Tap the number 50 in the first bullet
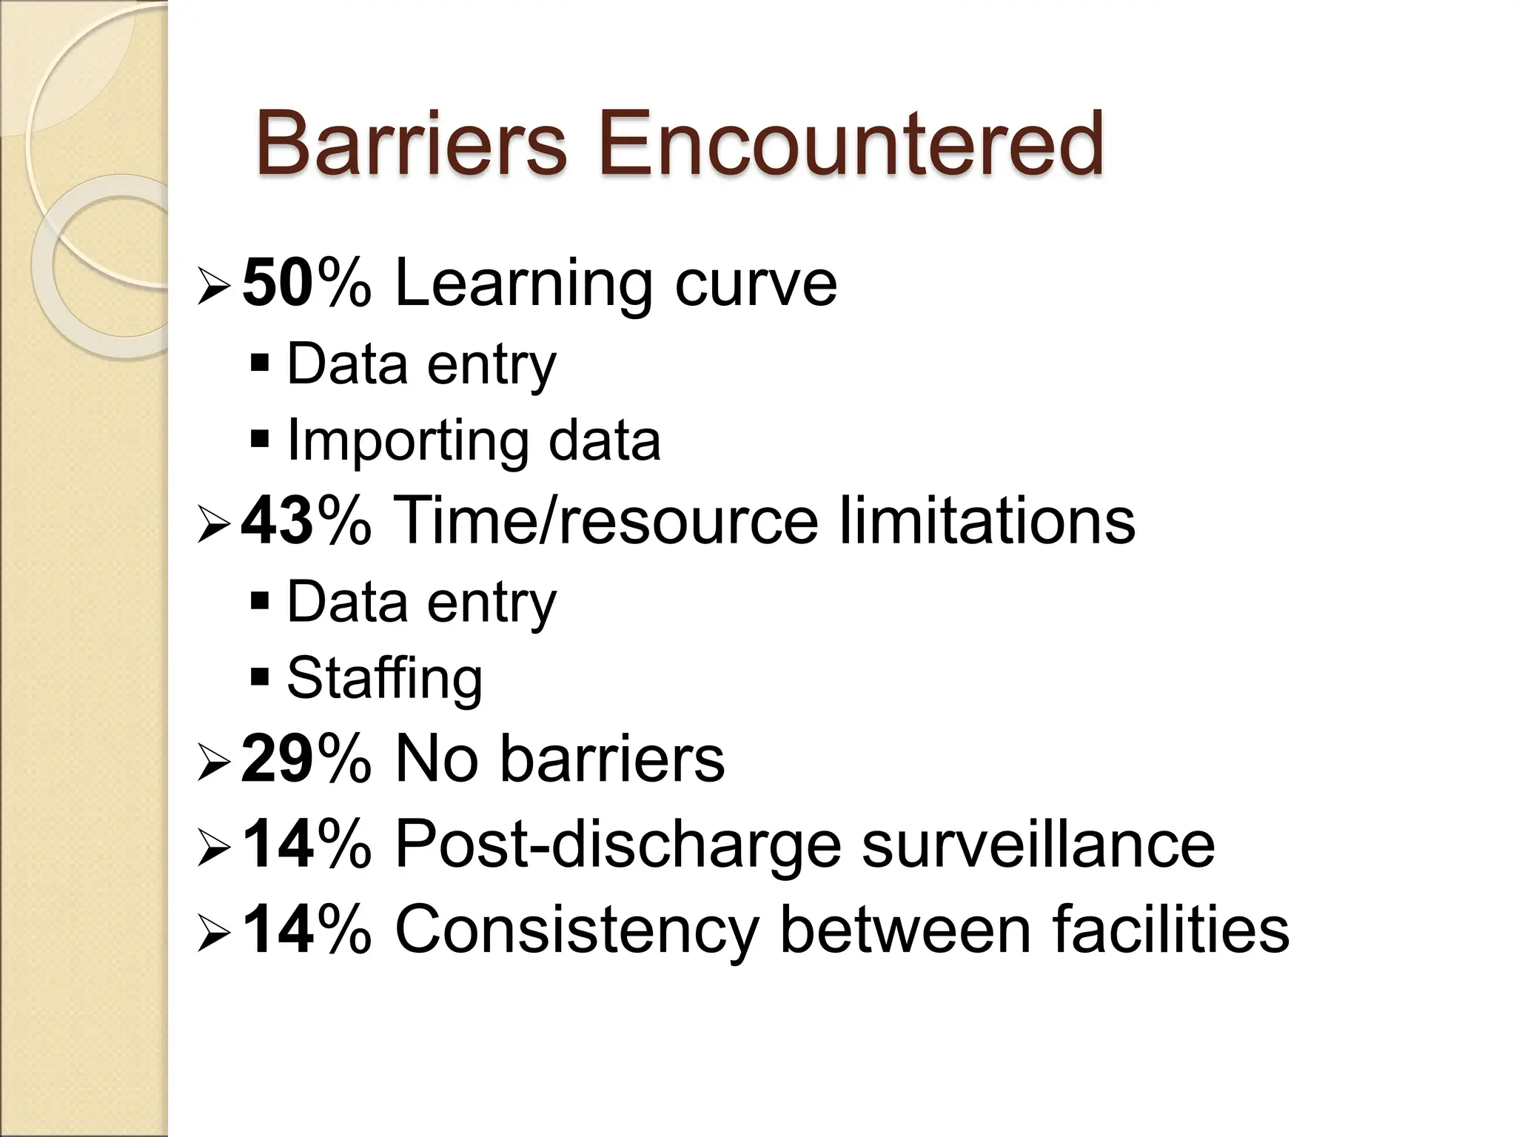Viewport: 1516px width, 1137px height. coord(275,283)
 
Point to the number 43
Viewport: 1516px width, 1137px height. coord(275,521)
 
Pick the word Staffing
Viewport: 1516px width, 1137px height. coord(384,678)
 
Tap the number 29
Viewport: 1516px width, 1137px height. coord(275,759)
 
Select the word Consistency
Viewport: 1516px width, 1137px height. coord(577,930)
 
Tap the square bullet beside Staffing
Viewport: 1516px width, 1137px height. coord(260,676)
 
